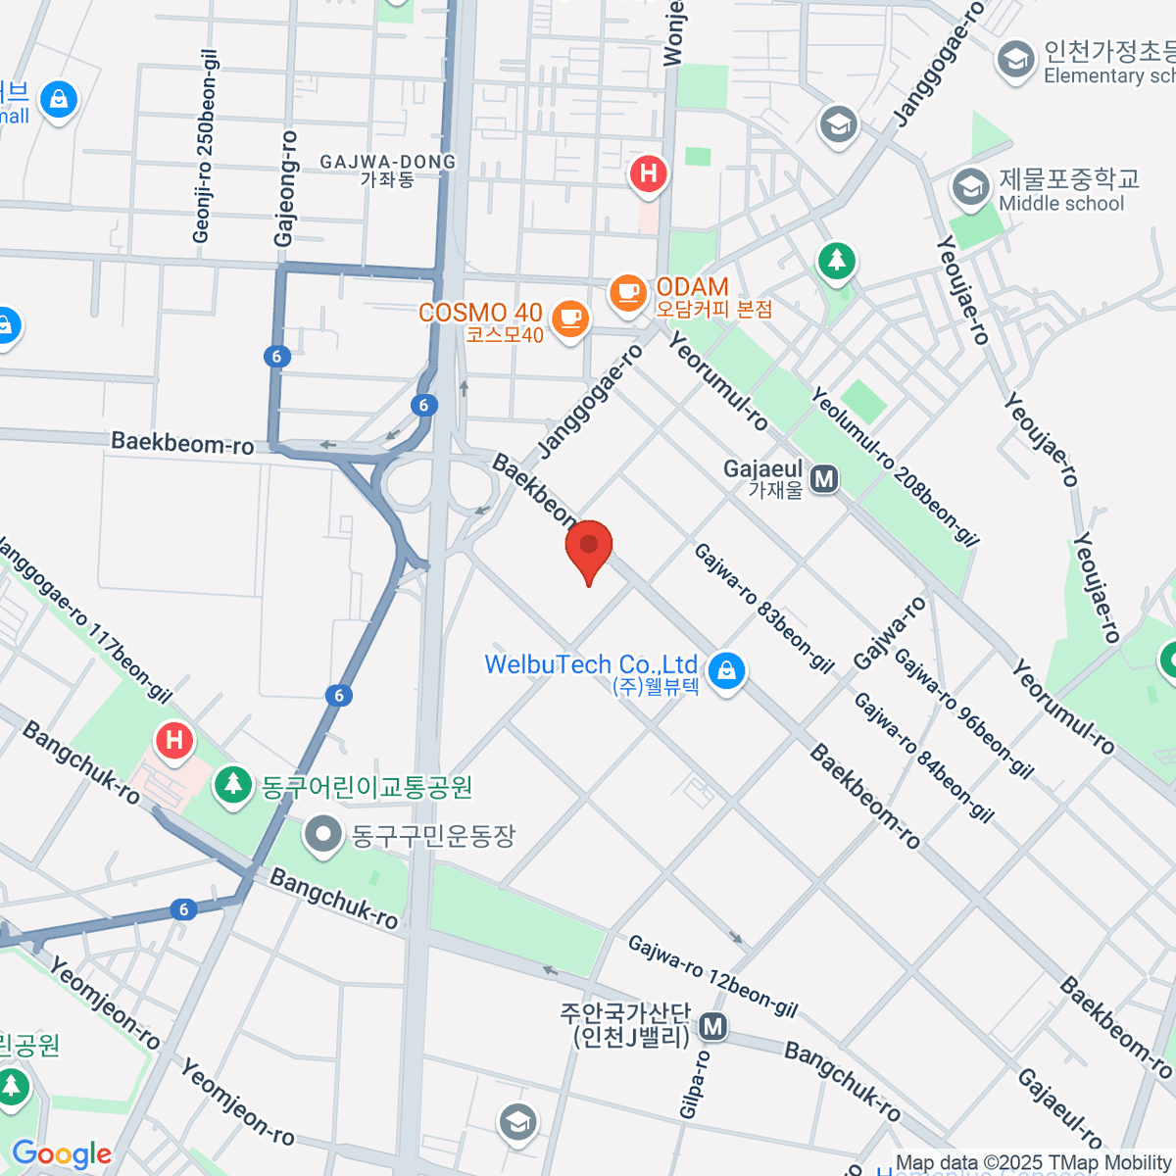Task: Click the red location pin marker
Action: click(589, 548)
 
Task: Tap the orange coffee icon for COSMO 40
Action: click(570, 318)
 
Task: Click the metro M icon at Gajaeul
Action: click(824, 479)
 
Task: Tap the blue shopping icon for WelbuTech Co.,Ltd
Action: click(726, 671)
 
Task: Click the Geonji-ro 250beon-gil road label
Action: click(205, 147)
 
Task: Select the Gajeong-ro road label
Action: click(285, 188)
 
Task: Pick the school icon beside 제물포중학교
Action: click(971, 187)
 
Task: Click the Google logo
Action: click(61, 1153)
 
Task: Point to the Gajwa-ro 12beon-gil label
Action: click(712, 976)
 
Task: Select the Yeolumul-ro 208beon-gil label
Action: click(894, 465)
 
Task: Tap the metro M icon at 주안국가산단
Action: click(713, 1027)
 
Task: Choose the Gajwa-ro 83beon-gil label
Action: click(763, 609)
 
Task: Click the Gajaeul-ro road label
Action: click(1060, 1108)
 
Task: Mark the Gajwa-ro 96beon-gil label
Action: click(963, 713)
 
